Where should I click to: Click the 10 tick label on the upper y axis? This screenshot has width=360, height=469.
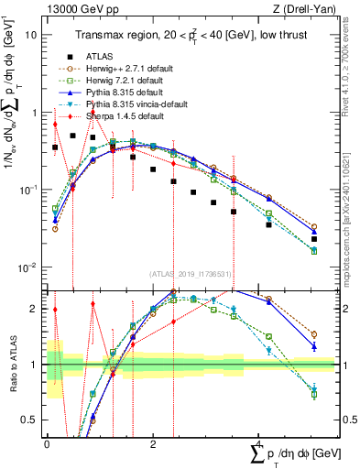pos(32,34)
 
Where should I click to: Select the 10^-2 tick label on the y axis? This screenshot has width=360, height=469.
pos(28,267)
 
